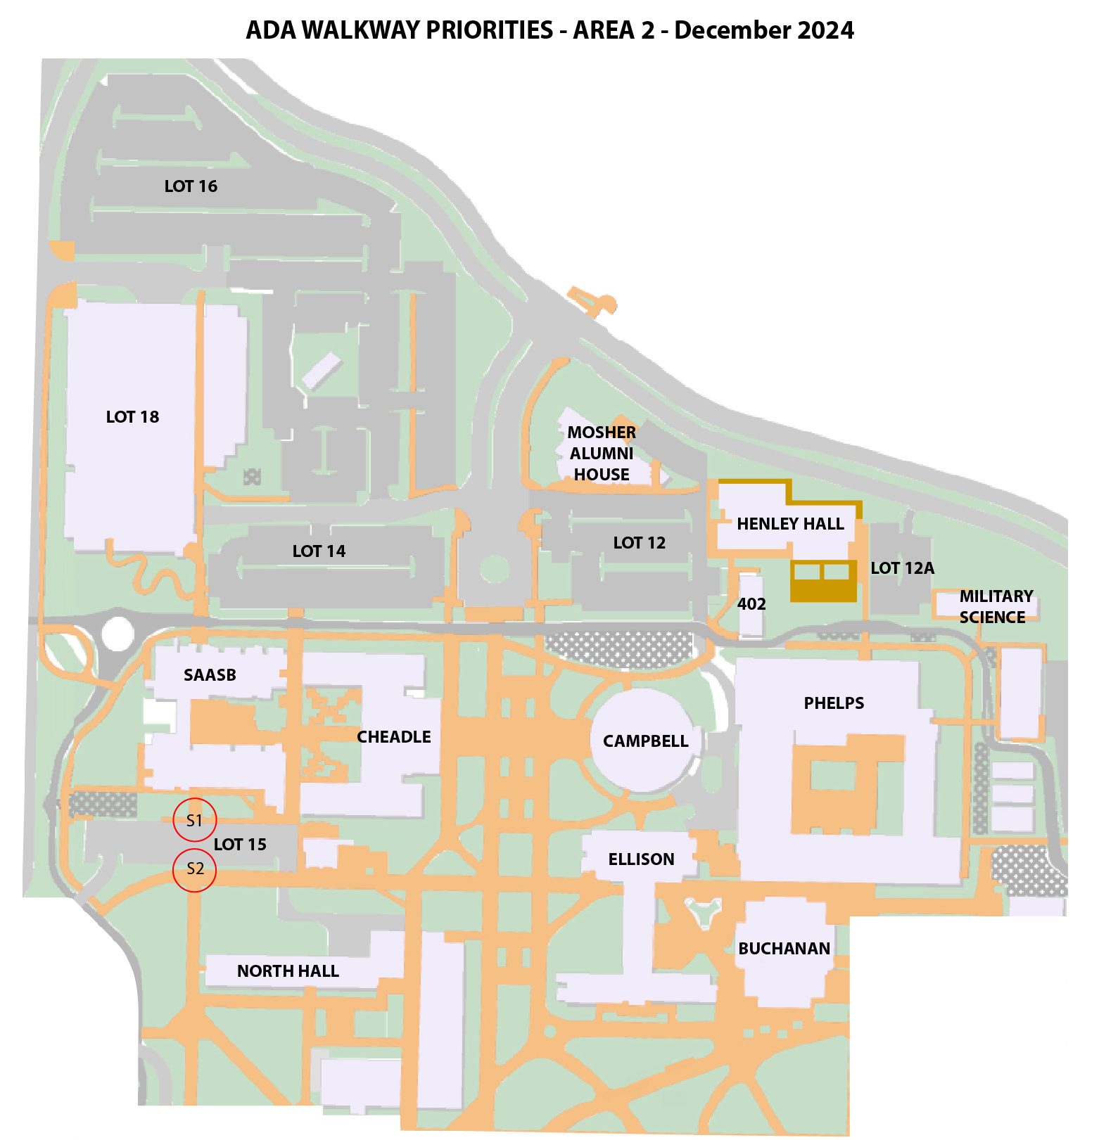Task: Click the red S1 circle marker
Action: click(194, 820)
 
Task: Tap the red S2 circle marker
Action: click(194, 869)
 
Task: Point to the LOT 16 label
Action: click(191, 186)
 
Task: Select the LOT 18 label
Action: click(132, 417)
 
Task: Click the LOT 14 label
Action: click(319, 551)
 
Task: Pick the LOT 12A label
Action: click(902, 568)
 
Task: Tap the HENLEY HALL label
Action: click(790, 524)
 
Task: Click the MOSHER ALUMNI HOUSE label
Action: click(602, 454)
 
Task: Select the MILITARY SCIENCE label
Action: click(996, 607)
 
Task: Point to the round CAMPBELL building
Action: click(644, 741)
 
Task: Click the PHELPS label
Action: click(834, 703)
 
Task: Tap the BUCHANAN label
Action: click(784, 949)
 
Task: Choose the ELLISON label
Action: click(641, 859)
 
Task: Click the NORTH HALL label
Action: click(288, 971)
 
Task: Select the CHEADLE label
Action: click(393, 737)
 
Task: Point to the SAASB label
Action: click(210, 675)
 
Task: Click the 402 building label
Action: click(751, 604)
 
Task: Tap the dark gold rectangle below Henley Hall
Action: click(823, 581)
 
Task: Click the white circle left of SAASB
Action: click(117, 634)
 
